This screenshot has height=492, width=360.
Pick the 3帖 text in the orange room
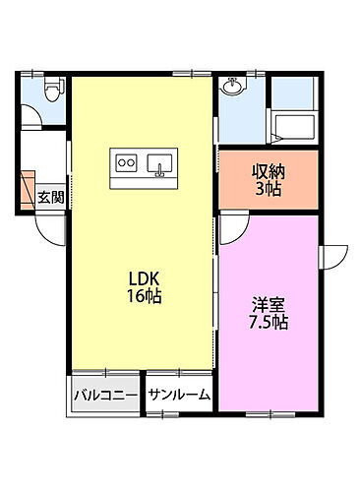click(x=268, y=187)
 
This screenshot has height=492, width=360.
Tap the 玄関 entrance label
click(x=50, y=196)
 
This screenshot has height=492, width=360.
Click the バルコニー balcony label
click(x=105, y=396)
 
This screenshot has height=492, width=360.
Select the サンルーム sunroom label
click(x=179, y=396)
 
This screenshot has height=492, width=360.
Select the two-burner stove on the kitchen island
click(x=126, y=161)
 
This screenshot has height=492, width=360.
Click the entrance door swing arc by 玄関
click(x=49, y=223)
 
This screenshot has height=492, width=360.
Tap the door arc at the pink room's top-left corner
click(x=232, y=227)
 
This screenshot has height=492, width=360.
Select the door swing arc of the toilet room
click(x=33, y=120)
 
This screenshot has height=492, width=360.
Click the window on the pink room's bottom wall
click(x=270, y=408)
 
